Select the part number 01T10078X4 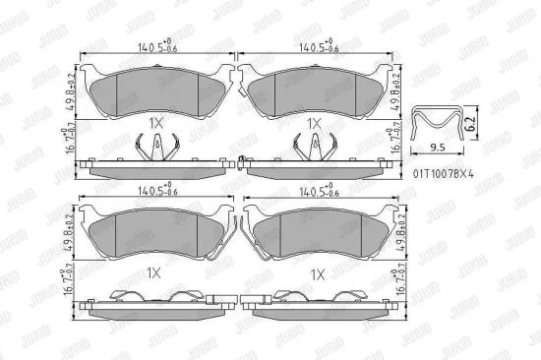(444, 173)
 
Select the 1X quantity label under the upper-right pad (313, 124)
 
